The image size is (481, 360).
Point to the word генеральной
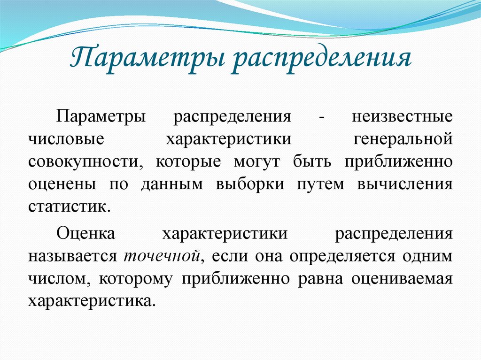coord(403,139)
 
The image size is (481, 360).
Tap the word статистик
coord(69,207)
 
